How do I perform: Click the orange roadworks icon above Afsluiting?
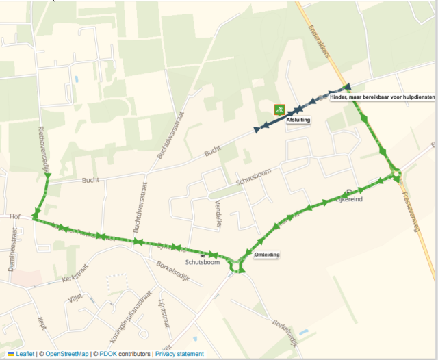click(279, 110)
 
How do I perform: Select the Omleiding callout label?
click(266, 255)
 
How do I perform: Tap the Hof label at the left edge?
click(15, 216)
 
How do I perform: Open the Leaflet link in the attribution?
click(25, 354)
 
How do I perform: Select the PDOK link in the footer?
click(108, 354)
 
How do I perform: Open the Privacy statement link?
click(179, 354)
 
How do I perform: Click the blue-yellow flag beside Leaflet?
click(11, 354)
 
